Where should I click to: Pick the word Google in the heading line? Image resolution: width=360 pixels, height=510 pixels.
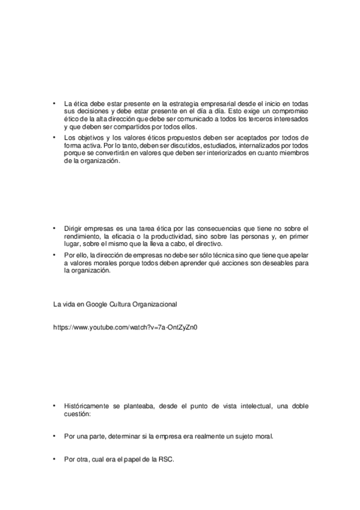pos(96,304)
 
